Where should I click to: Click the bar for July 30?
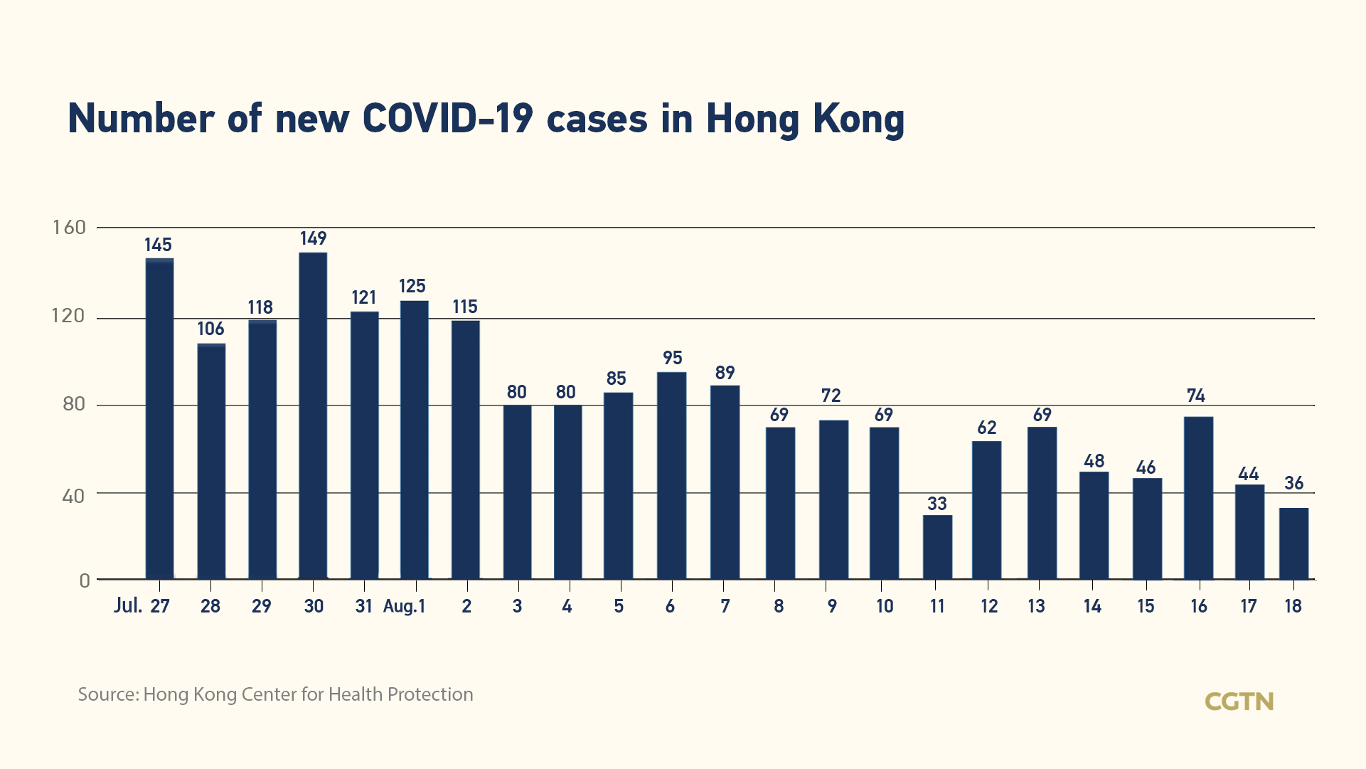(313, 416)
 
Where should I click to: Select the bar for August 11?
(937, 547)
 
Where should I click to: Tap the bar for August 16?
(1198, 498)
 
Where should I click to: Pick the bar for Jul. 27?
(159, 419)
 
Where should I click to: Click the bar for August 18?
(1293, 543)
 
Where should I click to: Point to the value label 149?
(313, 238)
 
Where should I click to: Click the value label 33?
(937, 504)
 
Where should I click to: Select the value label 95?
(672, 358)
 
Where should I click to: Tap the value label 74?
(1196, 396)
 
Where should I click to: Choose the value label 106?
(210, 329)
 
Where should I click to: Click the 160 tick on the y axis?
(69, 228)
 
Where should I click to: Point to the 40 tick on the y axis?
(73, 496)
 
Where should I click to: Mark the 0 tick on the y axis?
(85, 580)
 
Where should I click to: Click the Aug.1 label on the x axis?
(404, 606)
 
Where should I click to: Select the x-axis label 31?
(363, 606)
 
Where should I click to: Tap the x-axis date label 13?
(1036, 606)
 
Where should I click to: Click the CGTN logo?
(1239, 701)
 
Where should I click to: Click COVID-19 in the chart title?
(447, 118)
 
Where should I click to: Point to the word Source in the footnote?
(107, 694)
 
